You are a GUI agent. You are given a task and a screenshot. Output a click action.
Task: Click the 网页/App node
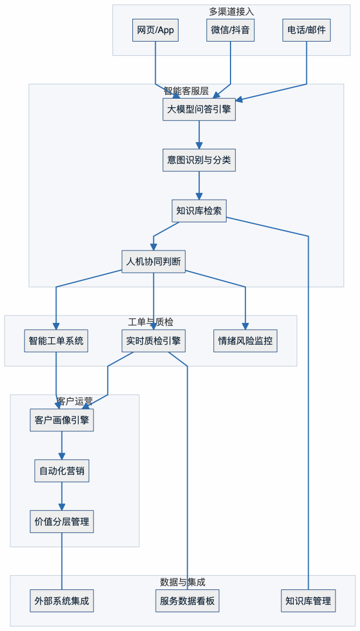[156, 30]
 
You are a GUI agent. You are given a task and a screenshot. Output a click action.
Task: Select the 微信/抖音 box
[230, 30]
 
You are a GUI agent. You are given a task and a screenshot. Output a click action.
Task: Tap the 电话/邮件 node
[307, 30]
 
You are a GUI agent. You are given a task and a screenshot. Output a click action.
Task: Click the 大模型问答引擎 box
[199, 110]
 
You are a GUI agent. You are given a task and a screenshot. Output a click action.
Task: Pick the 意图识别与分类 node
[199, 160]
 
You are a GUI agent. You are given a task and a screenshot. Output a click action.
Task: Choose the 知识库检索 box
[199, 211]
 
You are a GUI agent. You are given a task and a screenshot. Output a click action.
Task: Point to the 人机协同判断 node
[153, 261]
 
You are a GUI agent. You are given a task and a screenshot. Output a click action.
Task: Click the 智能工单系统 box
[56, 341]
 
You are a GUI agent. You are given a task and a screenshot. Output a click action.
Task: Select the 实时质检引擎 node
[153, 341]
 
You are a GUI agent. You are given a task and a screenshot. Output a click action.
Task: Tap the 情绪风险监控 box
[245, 341]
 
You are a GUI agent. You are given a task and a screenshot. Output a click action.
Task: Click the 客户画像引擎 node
[62, 420]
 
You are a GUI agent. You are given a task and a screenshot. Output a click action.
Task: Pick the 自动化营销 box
[62, 471]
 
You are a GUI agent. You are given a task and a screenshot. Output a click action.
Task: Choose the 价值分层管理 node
[62, 521]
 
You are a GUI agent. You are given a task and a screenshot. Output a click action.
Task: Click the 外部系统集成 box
[62, 601]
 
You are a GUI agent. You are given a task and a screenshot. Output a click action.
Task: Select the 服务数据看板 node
[187, 601]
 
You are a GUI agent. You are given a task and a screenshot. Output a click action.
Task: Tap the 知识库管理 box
[308, 601]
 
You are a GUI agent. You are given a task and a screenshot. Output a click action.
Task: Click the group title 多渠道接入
[231, 11]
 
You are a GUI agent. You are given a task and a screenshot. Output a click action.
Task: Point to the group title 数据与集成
[183, 582]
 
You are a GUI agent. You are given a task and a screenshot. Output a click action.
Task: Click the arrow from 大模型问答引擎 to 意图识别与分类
[199, 135]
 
